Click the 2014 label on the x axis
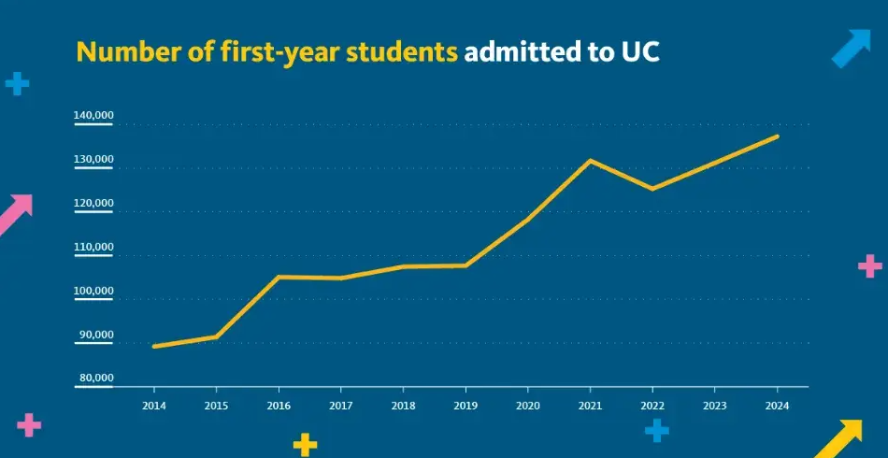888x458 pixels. [x=153, y=405]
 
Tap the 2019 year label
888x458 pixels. [x=465, y=405]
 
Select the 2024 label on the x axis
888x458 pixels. [x=777, y=405]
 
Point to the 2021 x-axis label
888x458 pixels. [x=590, y=405]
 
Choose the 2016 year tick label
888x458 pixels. [x=278, y=405]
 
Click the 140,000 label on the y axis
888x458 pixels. [x=93, y=116]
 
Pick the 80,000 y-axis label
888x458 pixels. [x=96, y=378]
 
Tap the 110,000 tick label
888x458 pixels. [x=93, y=248]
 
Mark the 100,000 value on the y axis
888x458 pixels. [x=93, y=292]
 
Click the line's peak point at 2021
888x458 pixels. [x=590, y=160]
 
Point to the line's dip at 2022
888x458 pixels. [x=652, y=189]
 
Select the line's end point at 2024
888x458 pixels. [x=777, y=136]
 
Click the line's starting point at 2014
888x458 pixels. [x=153, y=346]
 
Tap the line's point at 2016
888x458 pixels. [x=278, y=277]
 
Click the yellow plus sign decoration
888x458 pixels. [x=305, y=444]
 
